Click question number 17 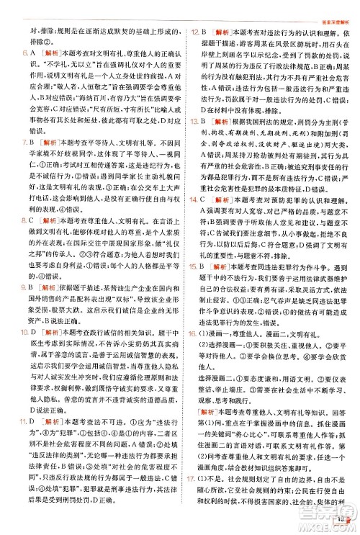click(x=194, y=496)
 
